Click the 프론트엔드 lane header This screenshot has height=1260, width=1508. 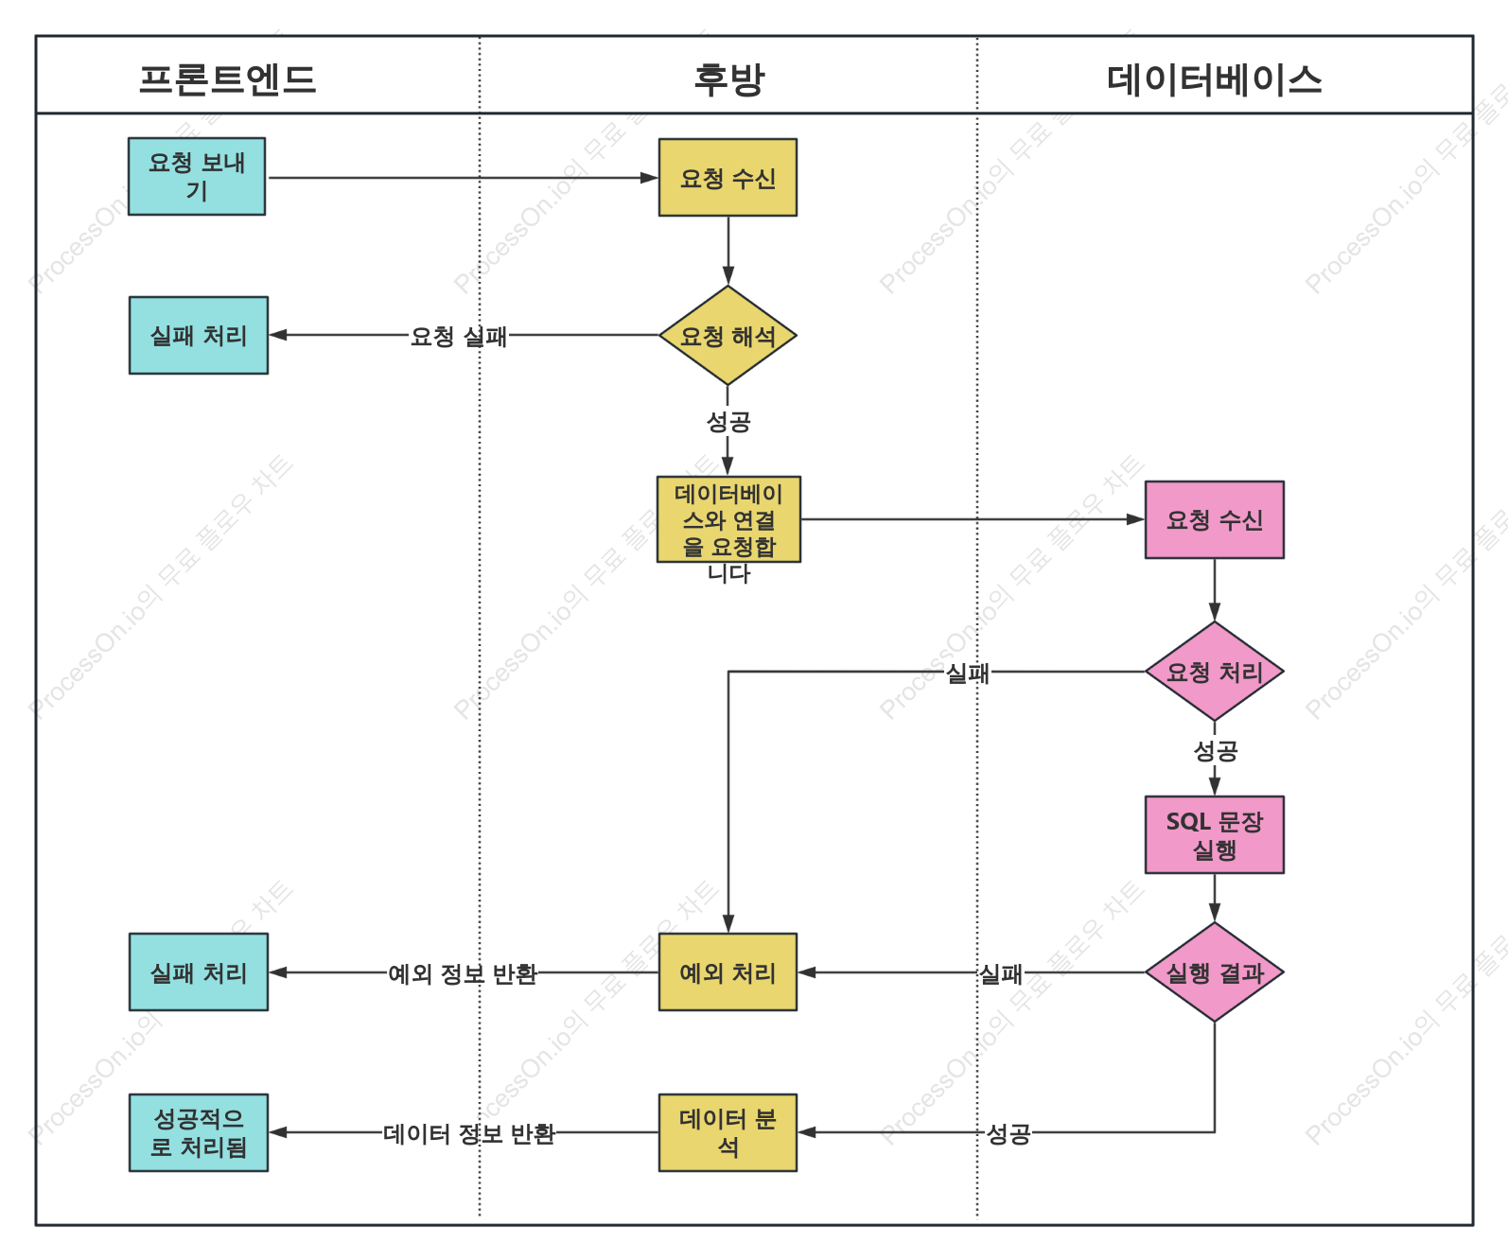tap(227, 79)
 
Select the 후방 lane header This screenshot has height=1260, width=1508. tap(728, 79)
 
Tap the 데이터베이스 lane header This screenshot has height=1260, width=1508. tap(1214, 79)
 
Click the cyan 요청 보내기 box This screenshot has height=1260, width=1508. tap(197, 176)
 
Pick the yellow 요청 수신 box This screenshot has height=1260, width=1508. tap(728, 177)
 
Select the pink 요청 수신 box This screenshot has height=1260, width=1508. tap(1214, 519)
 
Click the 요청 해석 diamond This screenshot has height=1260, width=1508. tap(728, 335)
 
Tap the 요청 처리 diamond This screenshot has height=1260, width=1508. tap(1214, 671)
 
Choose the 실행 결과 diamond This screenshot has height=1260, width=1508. tap(1214, 971)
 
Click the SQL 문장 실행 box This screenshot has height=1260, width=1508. tap(1214, 834)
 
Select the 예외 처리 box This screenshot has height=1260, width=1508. tap(728, 971)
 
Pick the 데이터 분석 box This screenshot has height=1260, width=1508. tap(728, 1131)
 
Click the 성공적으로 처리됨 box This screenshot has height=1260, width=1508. tap(198, 1131)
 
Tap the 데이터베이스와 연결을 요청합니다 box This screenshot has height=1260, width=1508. tap(728, 518)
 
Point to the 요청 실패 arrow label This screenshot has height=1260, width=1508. tap(459, 336)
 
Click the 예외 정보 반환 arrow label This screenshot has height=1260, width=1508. tap(463, 973)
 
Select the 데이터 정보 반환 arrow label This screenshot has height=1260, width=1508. tap(468, 1133)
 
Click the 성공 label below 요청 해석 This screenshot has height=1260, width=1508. tap(728, 421)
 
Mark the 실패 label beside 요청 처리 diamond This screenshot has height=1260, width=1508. tap(967, 673)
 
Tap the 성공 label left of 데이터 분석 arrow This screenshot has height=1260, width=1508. tap(1008, 1133)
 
